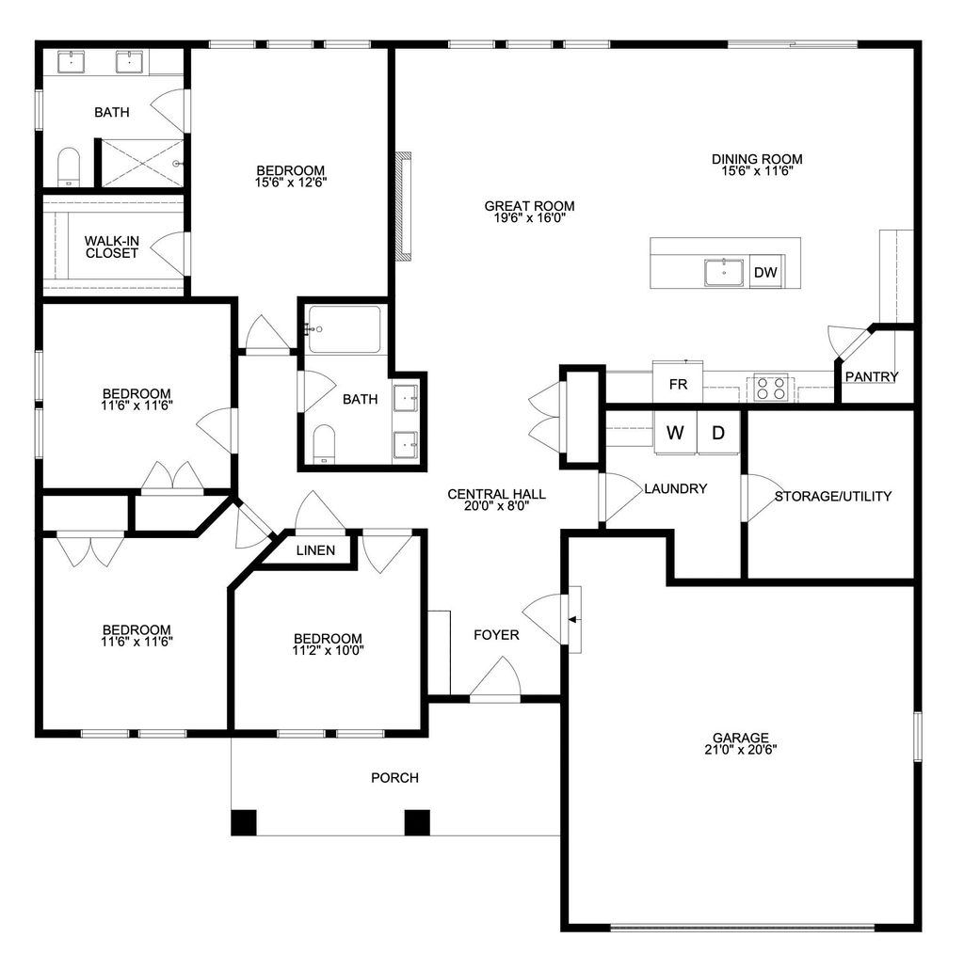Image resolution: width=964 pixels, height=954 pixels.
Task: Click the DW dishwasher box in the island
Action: click(765, 273)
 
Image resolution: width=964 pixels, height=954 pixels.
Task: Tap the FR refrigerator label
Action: click(677, 384)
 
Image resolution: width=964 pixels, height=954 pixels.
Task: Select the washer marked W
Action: click(675, 433)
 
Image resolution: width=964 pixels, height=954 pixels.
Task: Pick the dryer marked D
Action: click(717, 433)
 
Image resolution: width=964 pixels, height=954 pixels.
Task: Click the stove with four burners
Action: click(771, 387)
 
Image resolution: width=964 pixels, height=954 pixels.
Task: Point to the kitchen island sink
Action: click(724, 272)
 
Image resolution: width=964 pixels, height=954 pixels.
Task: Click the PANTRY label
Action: click(871, 376)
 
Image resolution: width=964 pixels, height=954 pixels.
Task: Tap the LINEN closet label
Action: click(314, 550)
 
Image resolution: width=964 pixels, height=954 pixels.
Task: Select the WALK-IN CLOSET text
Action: click(111, 247)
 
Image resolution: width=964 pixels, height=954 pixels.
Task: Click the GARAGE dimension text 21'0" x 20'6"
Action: click(740, 750)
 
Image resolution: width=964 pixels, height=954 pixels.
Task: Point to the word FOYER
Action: click(495, 635)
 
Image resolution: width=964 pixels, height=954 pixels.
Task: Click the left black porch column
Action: click(244, 822)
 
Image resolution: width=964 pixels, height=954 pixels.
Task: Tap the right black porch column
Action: click(417, 822)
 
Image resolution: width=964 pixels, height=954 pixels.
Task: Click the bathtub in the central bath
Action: click(345, 329)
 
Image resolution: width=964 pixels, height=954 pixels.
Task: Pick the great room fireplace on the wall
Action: click(405, 205)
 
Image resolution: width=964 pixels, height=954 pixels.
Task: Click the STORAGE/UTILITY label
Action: click(832, 496)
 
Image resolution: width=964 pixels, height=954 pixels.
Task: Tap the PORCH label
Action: click(394, 777)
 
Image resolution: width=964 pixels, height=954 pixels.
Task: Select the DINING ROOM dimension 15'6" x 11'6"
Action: click(756, 172)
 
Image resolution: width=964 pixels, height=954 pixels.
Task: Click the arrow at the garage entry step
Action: click(573, 618)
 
